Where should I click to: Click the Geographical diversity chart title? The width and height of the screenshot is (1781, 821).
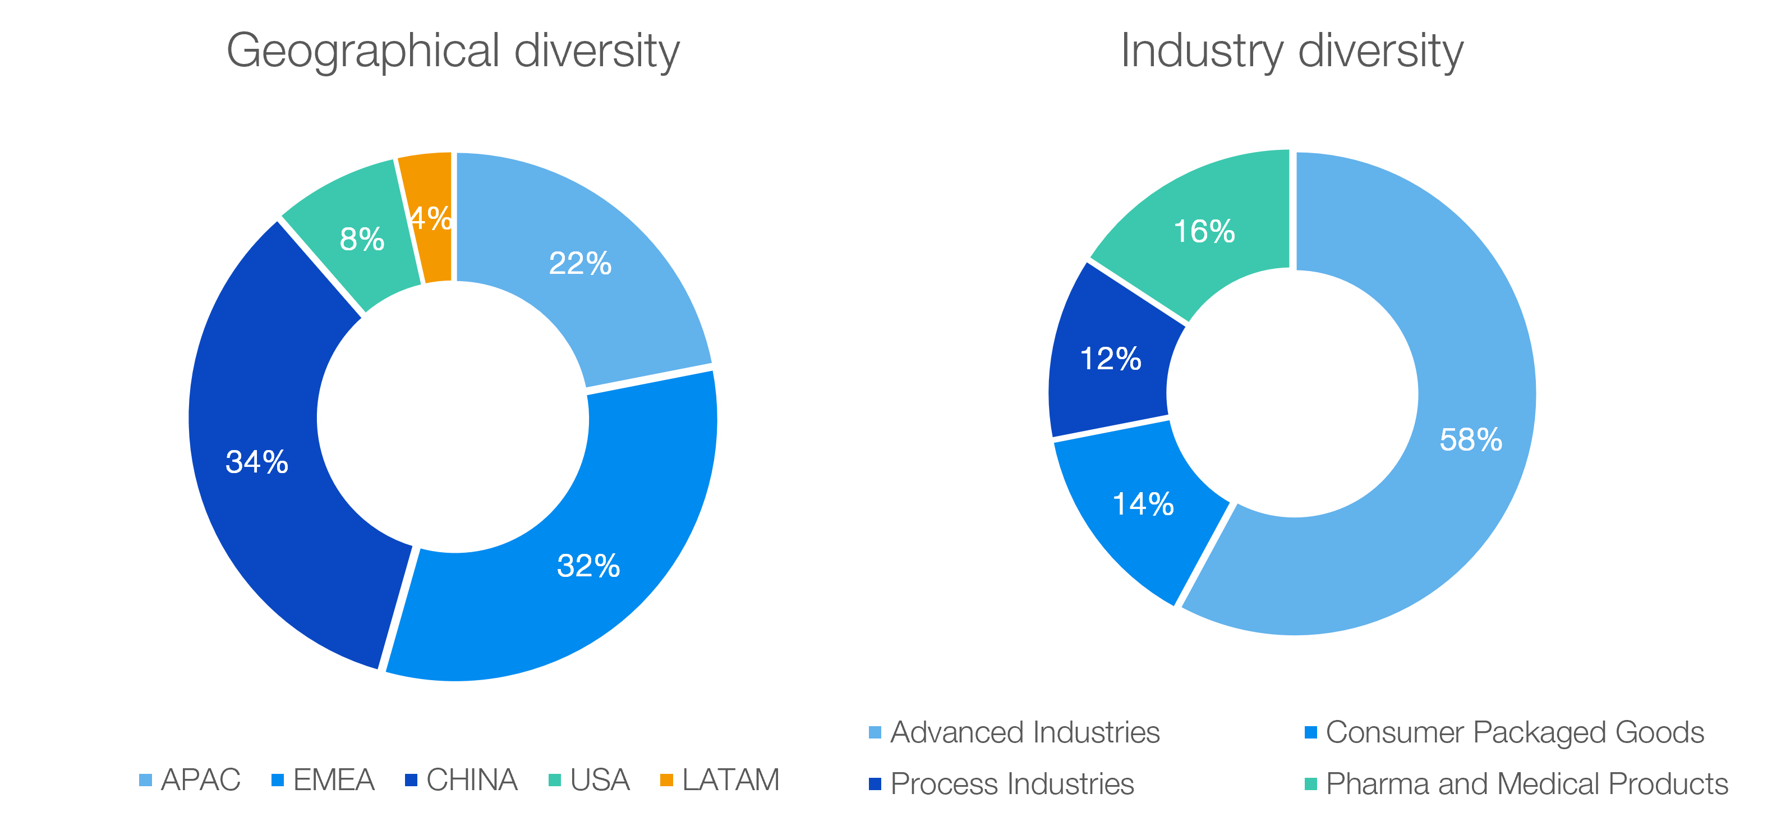coord(453,51)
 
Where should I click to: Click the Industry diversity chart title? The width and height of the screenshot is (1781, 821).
coord(1291,51)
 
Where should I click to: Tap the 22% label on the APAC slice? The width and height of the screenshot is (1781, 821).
coord(580,264)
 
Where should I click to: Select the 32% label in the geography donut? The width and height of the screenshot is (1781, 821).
coord(588,566)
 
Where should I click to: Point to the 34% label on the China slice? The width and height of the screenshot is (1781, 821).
coord(256,462)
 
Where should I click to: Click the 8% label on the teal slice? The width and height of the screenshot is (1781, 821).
coord(362,239)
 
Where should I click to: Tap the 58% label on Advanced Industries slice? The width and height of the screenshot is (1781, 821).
coord(1471,440)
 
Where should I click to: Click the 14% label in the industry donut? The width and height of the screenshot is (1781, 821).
coord(1143,504)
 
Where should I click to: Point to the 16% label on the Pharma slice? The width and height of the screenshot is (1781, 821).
coord(1204,232)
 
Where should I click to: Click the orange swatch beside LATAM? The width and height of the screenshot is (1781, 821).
coord(666,780)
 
